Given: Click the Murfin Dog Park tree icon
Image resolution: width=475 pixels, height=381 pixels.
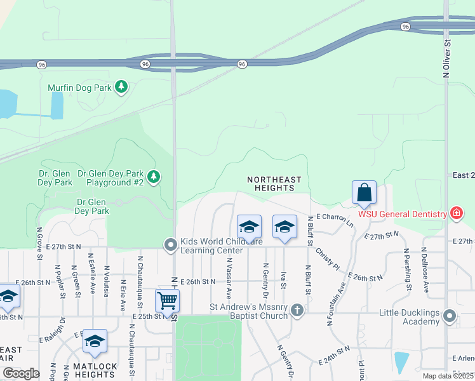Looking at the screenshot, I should (121, 88).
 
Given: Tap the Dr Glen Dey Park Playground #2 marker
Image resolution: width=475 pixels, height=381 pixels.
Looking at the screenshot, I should (153, 177).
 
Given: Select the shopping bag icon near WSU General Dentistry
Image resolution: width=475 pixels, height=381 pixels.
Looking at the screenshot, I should (364, 192).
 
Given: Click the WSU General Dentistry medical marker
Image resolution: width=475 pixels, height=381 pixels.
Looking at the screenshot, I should (455, 213).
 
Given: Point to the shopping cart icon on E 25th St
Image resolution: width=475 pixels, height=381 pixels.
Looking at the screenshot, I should (167, 300).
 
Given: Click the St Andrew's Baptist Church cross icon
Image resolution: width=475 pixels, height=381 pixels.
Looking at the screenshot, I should (297, 311).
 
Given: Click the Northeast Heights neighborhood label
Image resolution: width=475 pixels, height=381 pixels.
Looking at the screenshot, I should (274, 184).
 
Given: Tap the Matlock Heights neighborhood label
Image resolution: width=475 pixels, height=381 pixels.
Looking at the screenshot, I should (95, 371).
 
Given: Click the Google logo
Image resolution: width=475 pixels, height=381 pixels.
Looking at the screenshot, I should (21, 373).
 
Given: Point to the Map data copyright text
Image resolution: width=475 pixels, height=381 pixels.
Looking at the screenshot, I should (448, 376).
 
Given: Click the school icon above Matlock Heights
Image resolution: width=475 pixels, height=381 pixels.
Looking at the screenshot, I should (95, 342).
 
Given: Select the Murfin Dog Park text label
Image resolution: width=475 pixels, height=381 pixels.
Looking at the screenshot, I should (80, 88).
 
